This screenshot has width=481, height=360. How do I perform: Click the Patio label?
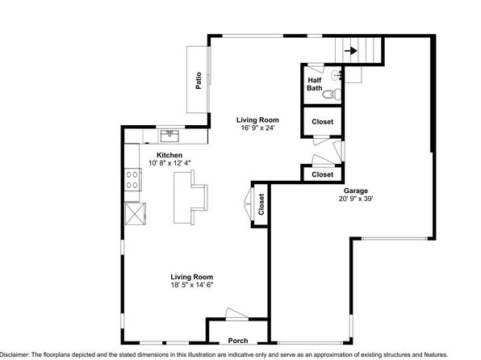point(199,81)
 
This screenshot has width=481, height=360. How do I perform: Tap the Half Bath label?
point(315,84)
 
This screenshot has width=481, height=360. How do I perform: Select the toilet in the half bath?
point(332,94)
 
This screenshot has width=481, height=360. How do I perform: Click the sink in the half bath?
point(337,75)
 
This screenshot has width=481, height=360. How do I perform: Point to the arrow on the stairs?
point(351,51)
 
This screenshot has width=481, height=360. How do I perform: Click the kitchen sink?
point(169,136)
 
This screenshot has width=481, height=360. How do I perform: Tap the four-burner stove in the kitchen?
point(132,179)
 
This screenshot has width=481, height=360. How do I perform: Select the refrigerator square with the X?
point(135,214)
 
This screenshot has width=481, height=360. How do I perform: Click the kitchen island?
point(190,197)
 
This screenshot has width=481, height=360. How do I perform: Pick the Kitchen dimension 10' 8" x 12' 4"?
point(169,163)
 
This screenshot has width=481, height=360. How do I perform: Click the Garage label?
point(356,190)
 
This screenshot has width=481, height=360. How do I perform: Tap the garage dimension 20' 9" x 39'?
point(356,199)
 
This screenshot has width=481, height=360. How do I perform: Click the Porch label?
point(238,341)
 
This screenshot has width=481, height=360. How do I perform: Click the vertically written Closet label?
point(261,204)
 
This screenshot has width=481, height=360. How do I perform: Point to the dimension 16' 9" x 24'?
point(257,128)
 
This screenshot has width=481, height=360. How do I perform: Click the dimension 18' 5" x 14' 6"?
point(192,285)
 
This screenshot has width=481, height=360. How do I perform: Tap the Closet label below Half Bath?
point(322,122)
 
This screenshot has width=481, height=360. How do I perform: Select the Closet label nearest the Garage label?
point(322,174)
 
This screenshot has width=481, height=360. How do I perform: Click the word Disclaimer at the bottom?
point(15,354)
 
